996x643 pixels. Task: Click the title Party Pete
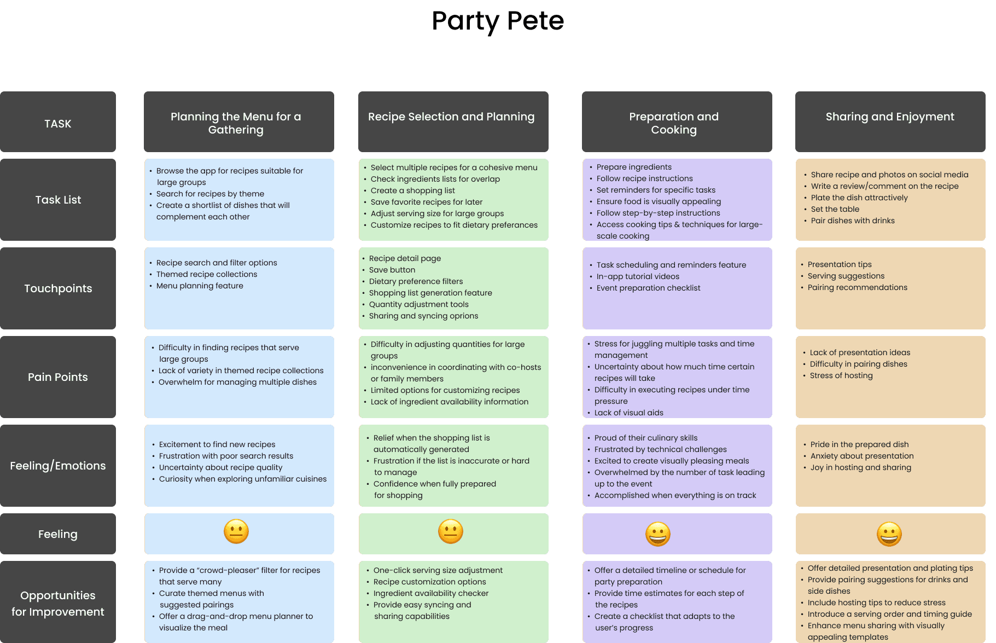click(498, 21)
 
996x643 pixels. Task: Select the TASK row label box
click(58, 121)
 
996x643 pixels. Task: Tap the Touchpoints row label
click(58, 288)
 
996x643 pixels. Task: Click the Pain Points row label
click(58, 377)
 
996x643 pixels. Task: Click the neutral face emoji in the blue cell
click(236, 531)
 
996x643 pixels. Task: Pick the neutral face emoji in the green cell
click(451, 531)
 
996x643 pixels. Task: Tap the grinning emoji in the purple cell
click(658, 534)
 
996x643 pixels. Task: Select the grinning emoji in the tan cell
click(889, 534)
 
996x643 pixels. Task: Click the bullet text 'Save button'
click(392, 270)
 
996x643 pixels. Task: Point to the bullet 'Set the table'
click(835, 209)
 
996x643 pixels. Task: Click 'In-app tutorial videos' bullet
click(638, 276)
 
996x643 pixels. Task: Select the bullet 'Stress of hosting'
click(841, 375)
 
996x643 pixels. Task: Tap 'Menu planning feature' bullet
click(200, 286)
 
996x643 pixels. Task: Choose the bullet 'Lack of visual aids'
click(629, 413)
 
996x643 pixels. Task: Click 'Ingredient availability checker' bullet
click(431, 593)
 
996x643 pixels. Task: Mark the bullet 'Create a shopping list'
click(413, 190)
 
